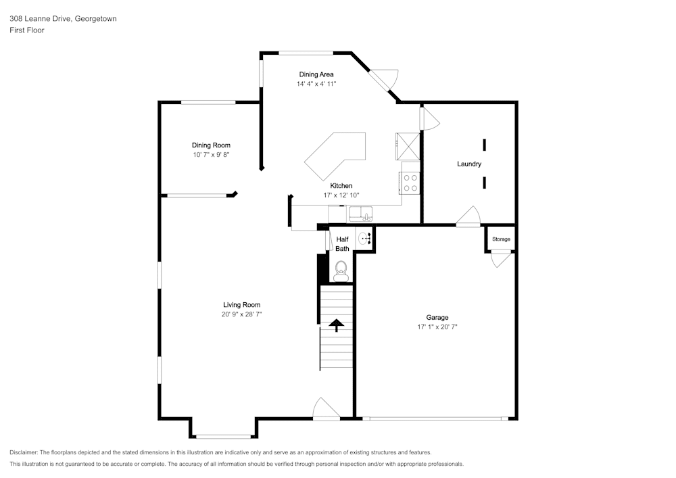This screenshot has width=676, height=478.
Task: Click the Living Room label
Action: tap(241, 305)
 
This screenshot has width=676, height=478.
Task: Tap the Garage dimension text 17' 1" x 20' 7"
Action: tap(437, 327)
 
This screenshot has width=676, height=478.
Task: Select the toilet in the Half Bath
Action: tap(341, 272)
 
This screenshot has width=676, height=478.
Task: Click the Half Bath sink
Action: tap(364, 238)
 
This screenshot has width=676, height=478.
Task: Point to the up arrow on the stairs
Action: tap(336, 325)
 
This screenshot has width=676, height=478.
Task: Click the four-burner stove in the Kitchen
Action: tap(410, 183)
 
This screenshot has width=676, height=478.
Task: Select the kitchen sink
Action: tap(361, 214)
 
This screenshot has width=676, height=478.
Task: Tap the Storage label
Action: tap(501, 239)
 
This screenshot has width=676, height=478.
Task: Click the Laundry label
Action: tap(469, 164)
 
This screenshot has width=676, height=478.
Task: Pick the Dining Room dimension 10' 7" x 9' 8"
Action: tap(211, 155)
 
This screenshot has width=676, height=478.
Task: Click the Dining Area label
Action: tap(316, 74)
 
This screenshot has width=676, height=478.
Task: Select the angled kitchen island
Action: tap(335, 156)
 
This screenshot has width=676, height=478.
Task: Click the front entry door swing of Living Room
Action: tap(327, 408)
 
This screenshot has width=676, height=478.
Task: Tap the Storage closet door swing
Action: tap(500, 260)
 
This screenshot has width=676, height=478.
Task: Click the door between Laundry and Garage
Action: tap(468, 216)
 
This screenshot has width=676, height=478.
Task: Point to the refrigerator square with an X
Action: tap(408, 146)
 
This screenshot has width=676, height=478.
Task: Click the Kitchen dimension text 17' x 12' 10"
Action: tap(341, 195)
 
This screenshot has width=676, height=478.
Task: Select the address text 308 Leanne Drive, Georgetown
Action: tap(63, 18)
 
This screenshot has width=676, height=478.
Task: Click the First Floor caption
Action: tap(27, 30)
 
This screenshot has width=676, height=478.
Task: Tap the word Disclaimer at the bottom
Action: tap(23, 452)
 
